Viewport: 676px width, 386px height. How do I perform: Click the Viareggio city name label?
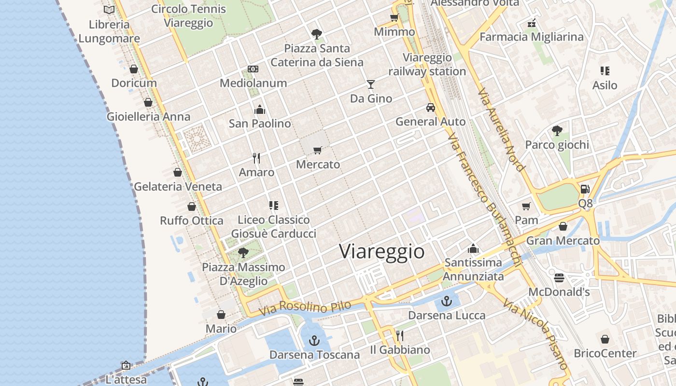click(x=381, y=251)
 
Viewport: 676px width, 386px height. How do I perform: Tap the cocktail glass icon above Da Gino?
click(x=370, y=84)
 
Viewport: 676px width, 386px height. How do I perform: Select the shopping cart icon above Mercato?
click(x=317, y=150)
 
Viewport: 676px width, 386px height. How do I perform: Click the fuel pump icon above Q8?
click(x=585, y=189)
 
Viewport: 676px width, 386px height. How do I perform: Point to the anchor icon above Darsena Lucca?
click(x=447, y=301)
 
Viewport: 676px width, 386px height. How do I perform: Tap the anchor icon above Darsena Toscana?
click(x=314, y=341)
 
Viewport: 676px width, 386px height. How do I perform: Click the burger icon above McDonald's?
click(x=559, y=278)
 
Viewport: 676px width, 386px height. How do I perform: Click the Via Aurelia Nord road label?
click(x=501, y=129)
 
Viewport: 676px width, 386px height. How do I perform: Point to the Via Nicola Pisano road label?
click(x=535, y=333)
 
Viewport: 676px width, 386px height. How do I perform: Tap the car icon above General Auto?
click(x=431, y=108)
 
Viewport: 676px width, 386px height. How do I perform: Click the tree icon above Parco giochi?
click(x=557, y=130)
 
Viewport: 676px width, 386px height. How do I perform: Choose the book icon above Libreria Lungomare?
click(x=109, y=10)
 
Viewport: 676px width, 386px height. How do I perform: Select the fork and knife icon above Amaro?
click(x=256, y=158)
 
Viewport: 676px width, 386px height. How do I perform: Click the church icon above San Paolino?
click(x=260, y=110)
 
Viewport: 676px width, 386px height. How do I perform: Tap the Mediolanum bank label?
click(x=253, y=83)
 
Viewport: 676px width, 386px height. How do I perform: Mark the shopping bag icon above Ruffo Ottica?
click(x=192, y=207)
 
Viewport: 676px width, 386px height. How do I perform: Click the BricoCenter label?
click(x=605, y=353)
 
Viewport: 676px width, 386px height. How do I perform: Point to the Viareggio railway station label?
click(x=427, y=65)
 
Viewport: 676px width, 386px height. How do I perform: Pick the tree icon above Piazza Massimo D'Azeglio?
click(x=243, y=252)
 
